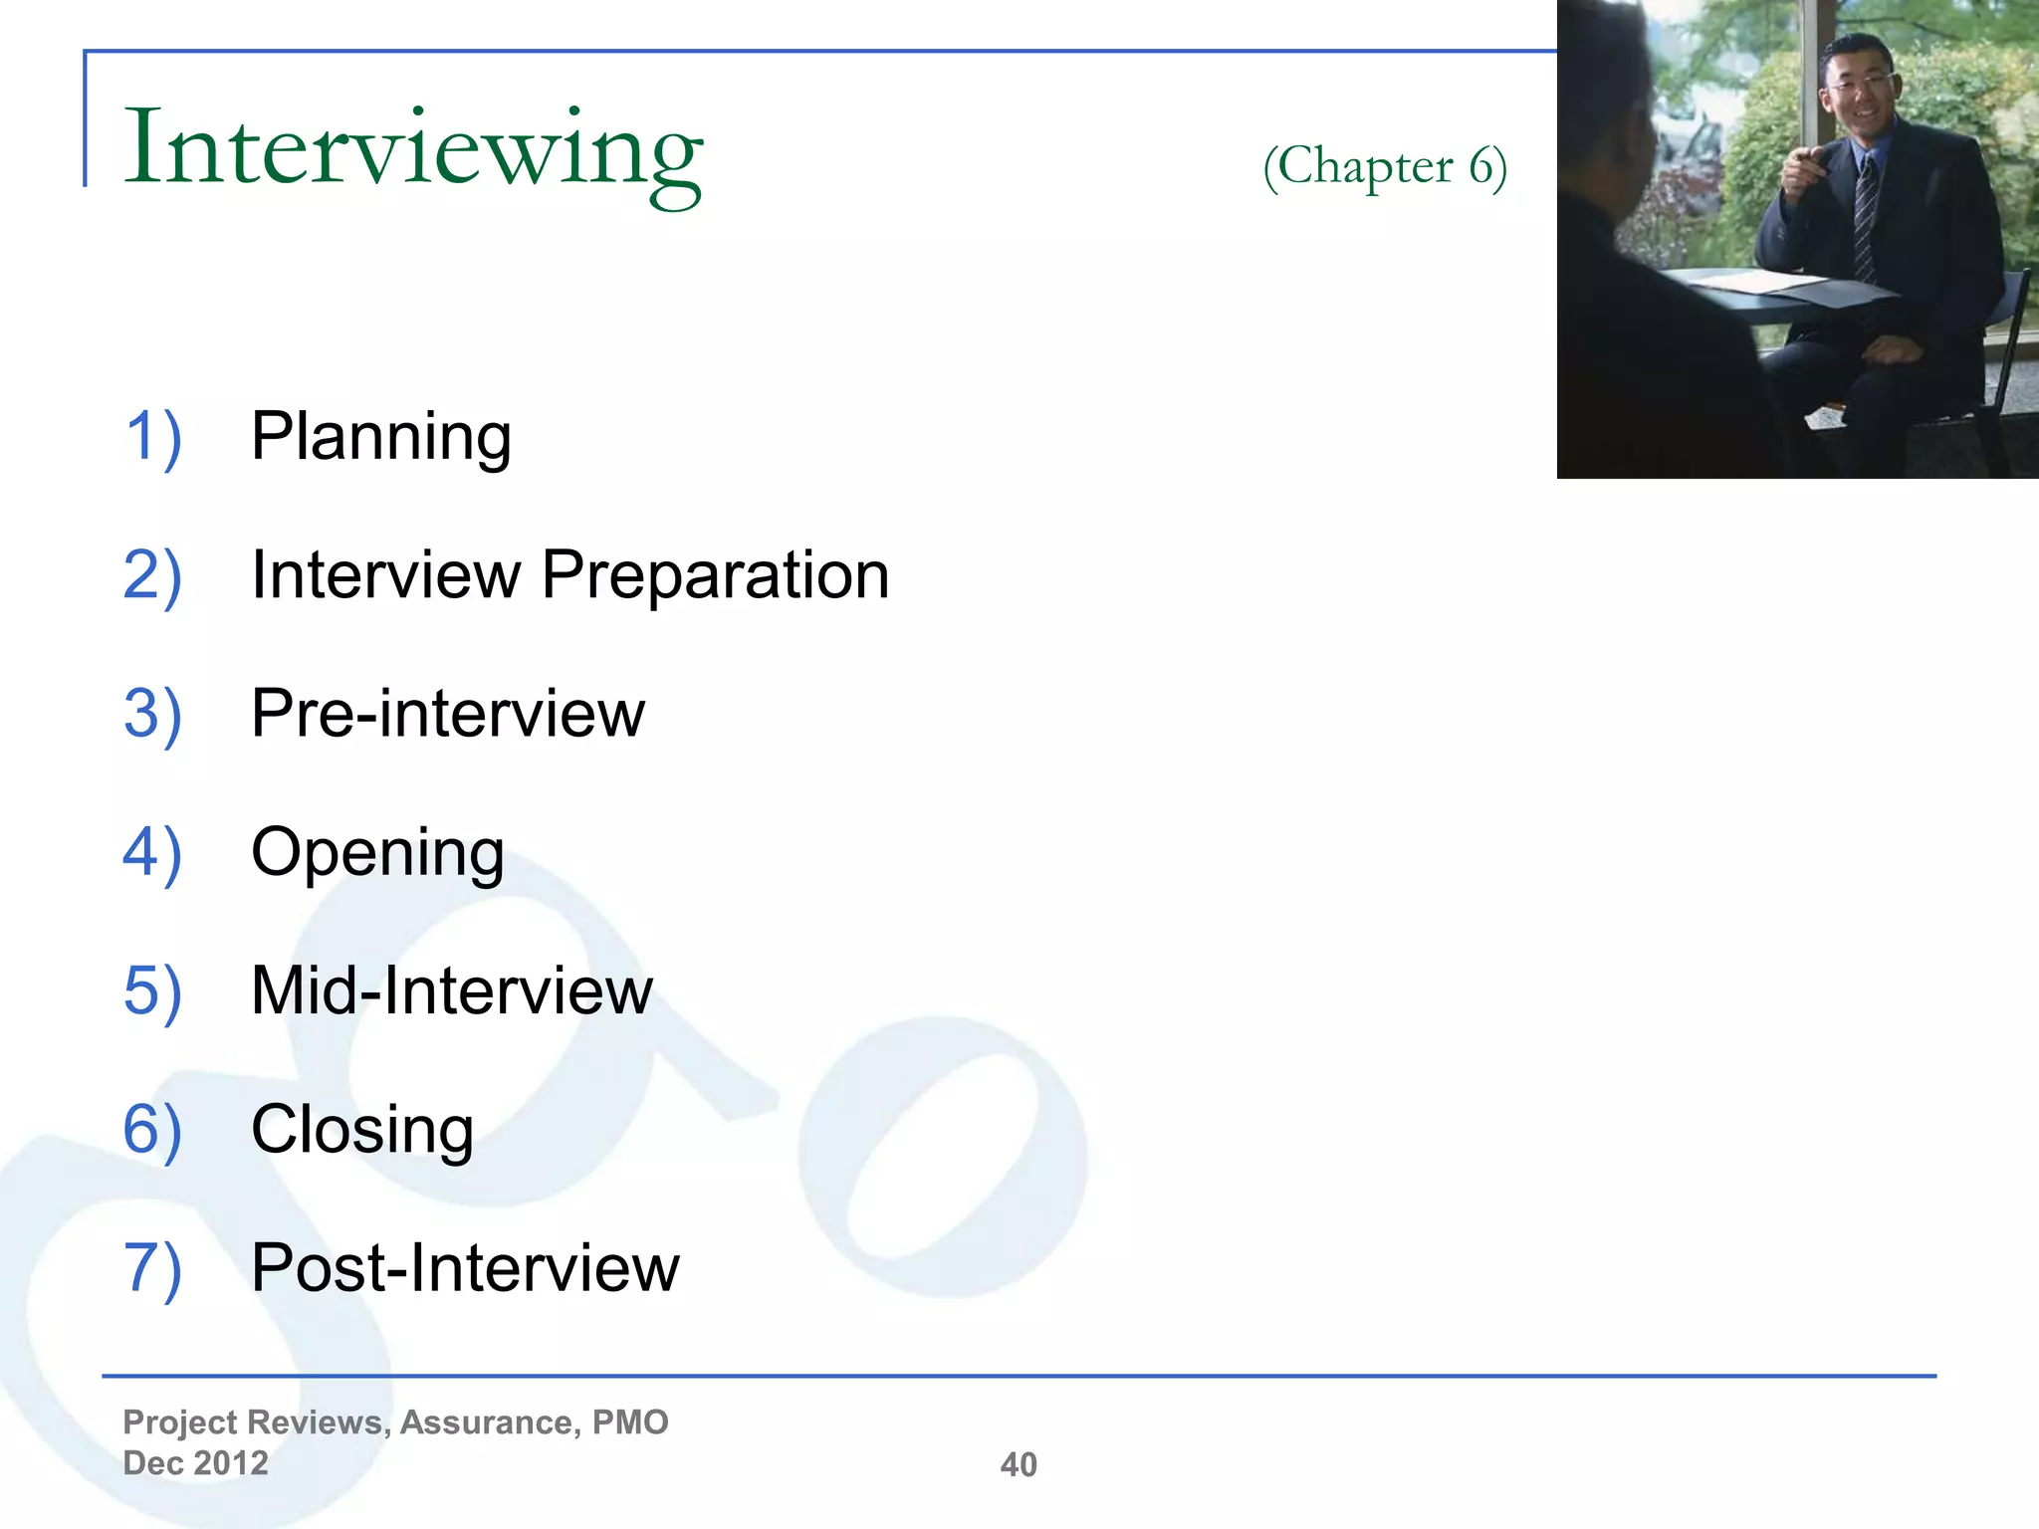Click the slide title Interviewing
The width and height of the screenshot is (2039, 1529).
pyautogui.click(x=412, y=149)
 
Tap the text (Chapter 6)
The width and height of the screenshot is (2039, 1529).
pyautogui.click(x=1385, y=166)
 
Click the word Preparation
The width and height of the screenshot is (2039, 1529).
pyautogui.click(x=715, y=575)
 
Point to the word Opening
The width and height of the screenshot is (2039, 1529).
pyautogui.click(x=377, y=853)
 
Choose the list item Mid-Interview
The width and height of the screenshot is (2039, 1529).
pyautogui.click(x=452, y=990)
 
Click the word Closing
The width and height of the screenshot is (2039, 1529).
pyautogui.click(x=362, y=1130)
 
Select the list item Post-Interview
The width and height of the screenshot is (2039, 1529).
pyautogui.click(x=465, y=1267)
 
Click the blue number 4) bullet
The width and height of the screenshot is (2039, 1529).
pyautogui.click(x=152, y=853)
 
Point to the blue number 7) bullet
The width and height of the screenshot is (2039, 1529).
pyautogui.click(x=152, y=1267)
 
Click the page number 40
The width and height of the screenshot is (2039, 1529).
pyautogui.click(x=1019, y=1464)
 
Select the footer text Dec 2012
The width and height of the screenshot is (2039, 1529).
pyautogui.click(x=195, y=1463)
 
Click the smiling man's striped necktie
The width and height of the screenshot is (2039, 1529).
pyautogui.click(x=1865, y=219)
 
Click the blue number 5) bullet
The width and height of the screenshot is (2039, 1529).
pyautogui.click(x=152, y=990)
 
